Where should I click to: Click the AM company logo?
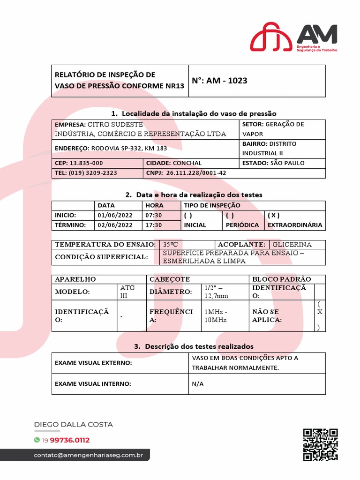(x=293, y=37)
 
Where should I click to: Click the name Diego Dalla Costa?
(x=74, y=424)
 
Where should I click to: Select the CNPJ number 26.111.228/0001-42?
(x=196, y=173)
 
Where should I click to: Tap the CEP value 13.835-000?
(x=86, y=163)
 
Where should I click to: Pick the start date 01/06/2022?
(x=115, y=215)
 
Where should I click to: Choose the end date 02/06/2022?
(x=115, y=225)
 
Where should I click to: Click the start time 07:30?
(x=154, y=215)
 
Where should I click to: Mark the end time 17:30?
(x=154, y=225)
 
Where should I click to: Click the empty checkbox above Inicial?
(x=188, y=215)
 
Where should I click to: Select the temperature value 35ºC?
(x=171, y=245)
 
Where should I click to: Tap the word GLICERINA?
(x=292, y=245)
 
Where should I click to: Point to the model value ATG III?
(x=127, y=291)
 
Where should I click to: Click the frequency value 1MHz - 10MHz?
(x=216, y=315)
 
